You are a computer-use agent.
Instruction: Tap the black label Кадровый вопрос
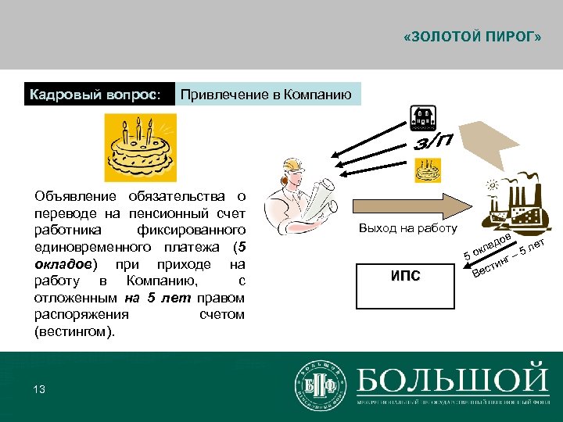click(x=95, y=95)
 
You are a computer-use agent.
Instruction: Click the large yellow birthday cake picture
click(x=141, y=147)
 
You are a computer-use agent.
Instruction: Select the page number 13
click(x=40, y=389)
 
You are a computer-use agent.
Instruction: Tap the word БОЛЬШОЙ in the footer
click(x=453, y=379)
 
